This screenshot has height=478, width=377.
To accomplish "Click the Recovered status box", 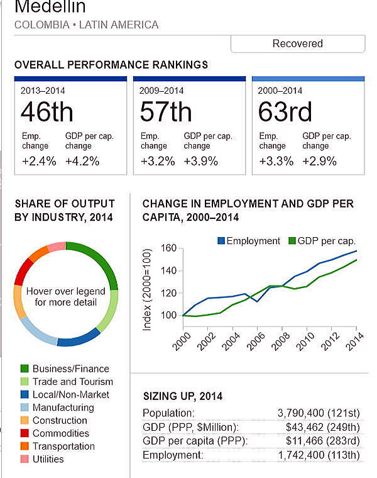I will pos(298,43).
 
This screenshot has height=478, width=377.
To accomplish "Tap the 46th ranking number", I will pos(47,112).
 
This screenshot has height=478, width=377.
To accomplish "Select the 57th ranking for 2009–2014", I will pos(166,112).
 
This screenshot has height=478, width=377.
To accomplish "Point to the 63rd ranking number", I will pos(285,112).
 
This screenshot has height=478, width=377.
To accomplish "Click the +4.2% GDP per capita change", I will pos(82,161).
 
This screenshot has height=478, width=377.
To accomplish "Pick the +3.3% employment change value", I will pos(276,161).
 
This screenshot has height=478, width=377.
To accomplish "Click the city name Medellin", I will pos(50,8).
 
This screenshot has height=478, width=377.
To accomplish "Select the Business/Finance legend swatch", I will pos(25,369).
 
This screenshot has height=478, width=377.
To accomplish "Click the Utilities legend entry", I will pos(48,459).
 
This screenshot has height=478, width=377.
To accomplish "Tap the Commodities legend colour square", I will pos(25,433).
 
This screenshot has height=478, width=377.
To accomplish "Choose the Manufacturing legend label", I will pos(63,408).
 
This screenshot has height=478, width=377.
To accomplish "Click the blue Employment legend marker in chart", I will pos(221,241).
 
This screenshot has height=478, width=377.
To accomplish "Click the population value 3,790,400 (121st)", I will pos(318,413).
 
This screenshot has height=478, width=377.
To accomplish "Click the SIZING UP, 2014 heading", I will pos(183,396).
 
